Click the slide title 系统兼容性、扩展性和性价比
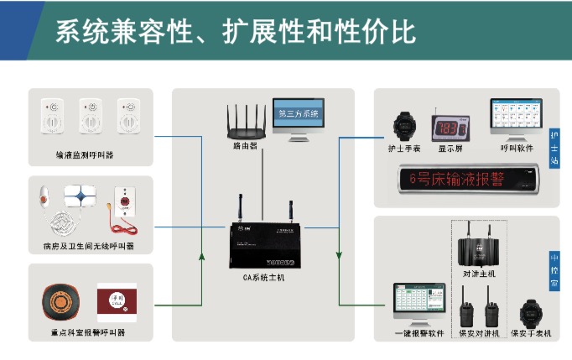coord(236,32)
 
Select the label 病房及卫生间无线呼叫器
coord(88,247)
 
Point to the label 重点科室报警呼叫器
coord(88,332)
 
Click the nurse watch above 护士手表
coord(404,126)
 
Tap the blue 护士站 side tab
coord(554,149)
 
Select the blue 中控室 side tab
coord(554,271)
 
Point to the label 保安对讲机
coord(479,333)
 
